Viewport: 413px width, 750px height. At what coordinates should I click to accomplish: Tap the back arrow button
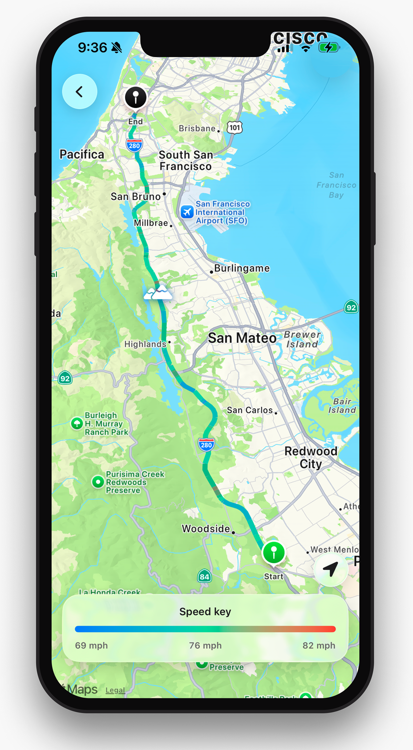pos(79,92)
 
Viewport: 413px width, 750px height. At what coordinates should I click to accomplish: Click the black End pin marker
pos(135,97)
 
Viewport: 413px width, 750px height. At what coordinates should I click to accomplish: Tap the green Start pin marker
pos(274,552)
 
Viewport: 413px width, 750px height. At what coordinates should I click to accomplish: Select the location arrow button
pos(331,569)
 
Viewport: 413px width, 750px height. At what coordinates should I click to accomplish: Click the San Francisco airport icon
pos(187,212)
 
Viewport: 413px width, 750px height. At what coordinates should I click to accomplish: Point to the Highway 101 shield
pos(235,127)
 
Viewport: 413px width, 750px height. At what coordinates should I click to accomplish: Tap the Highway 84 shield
pos(204,576)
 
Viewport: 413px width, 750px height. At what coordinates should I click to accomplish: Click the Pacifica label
pos(82,154)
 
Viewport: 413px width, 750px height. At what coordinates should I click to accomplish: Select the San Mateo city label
pos(242,338)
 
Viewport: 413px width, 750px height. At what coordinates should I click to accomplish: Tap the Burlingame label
pos(242,268)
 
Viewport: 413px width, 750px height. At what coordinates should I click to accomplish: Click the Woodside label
pos(206,528)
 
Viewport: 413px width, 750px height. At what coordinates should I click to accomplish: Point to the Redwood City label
pos(311,457)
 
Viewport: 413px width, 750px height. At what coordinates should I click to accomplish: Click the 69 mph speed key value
pos(91,646)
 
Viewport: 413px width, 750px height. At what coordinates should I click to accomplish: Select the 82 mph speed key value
pos(319,646)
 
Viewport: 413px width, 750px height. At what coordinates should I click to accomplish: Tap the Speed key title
pos(205,612)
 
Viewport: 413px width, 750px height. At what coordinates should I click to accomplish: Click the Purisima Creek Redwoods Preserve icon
pos(98,482)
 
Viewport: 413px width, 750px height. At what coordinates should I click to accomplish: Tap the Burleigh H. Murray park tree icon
pos(77,423)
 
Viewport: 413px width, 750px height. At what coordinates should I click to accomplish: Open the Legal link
pos(115,690)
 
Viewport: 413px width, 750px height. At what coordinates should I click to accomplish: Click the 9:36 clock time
pos(92,48)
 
